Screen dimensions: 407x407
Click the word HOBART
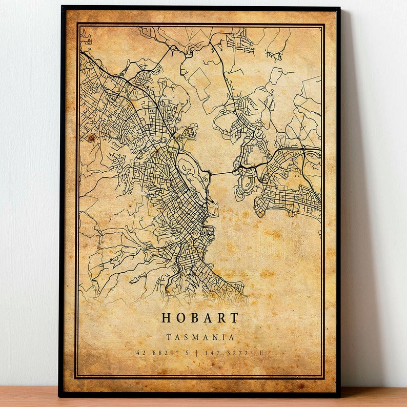200,318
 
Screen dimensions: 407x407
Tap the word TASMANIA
200,337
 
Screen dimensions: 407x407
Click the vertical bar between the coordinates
201,353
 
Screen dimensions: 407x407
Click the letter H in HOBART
167,318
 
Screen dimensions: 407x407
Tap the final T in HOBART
234,318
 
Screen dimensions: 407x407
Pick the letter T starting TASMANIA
169,337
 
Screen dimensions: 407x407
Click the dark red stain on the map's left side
91,138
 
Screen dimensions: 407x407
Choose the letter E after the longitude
262,353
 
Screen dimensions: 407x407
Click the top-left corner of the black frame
62,7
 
